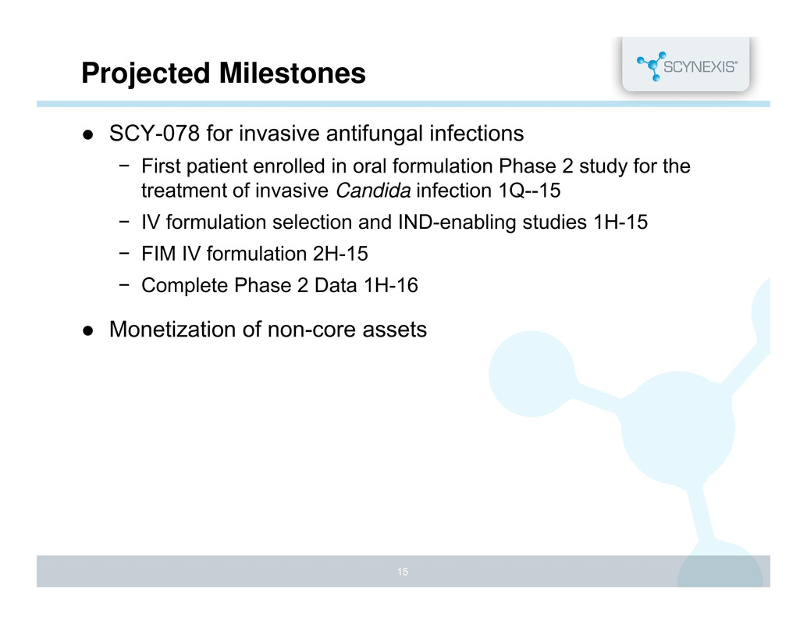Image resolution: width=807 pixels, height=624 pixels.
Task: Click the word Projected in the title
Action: click(146, 73)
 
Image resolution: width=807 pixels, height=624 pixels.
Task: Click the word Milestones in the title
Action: click(293, 73)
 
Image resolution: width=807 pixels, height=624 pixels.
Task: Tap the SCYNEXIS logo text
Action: click(700, 66)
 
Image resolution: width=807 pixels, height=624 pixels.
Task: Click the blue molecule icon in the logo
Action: click(652, 66)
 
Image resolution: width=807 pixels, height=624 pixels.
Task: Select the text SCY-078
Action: click(155, 134)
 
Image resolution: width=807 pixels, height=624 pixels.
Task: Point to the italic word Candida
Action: click(373, 191)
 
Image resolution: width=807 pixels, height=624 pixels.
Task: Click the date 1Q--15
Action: click(530, 191)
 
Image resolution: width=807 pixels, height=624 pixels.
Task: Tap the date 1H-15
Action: click(620, 222)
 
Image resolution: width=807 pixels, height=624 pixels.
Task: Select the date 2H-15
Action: click(340, 254)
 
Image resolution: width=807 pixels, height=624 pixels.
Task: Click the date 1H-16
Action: click(391, 285)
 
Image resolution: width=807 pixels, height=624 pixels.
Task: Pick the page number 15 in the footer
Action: click(403, 572)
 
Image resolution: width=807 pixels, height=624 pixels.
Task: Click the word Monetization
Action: click(172, 330)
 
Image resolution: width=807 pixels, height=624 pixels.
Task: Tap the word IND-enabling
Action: click(457, 223)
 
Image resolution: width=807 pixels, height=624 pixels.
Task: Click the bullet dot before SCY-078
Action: click(88, 135)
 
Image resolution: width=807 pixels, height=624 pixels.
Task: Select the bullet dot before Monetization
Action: click(88, 330)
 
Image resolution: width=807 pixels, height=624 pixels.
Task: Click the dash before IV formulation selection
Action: click(123, 222)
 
